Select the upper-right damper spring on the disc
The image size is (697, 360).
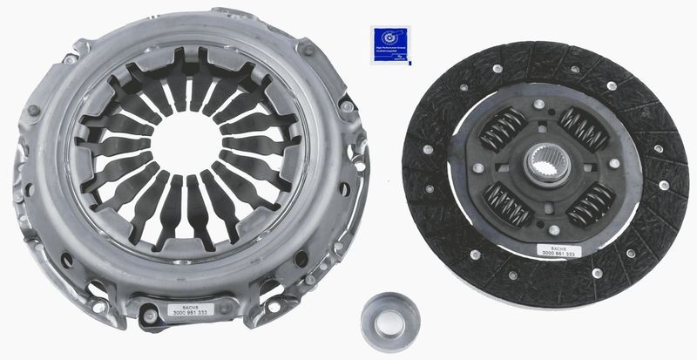tap(583, 128)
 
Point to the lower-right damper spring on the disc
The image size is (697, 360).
tap(590, 203)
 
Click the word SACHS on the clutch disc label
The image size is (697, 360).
tap(556, 245)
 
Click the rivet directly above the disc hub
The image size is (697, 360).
tap(539, 104)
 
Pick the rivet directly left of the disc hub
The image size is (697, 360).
tap(478, 166)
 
